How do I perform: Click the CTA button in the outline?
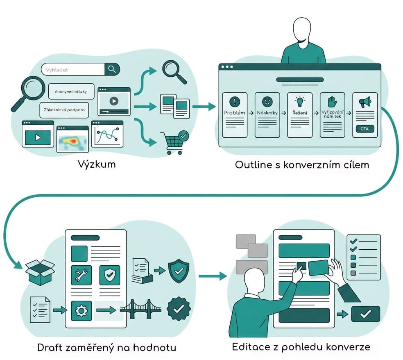(365, 129)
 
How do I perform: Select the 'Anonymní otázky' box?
(71, 91)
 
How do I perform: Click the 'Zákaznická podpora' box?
(64, 110)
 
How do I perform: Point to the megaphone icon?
(365, 102)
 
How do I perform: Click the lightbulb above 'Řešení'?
(300, 101)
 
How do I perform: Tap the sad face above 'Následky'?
(267, 101)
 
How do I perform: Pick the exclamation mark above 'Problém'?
(235, 101)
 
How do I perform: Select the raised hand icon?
(332, 102)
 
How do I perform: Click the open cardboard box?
(40, 272)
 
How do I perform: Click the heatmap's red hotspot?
(74, 141)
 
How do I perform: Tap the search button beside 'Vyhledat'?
(112, 69)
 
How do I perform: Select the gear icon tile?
(81, 311)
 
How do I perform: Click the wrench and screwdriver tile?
(81, 275)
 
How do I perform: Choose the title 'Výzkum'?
(97, 164)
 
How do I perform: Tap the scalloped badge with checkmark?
(179, 309)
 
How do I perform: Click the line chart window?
(107, 134)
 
